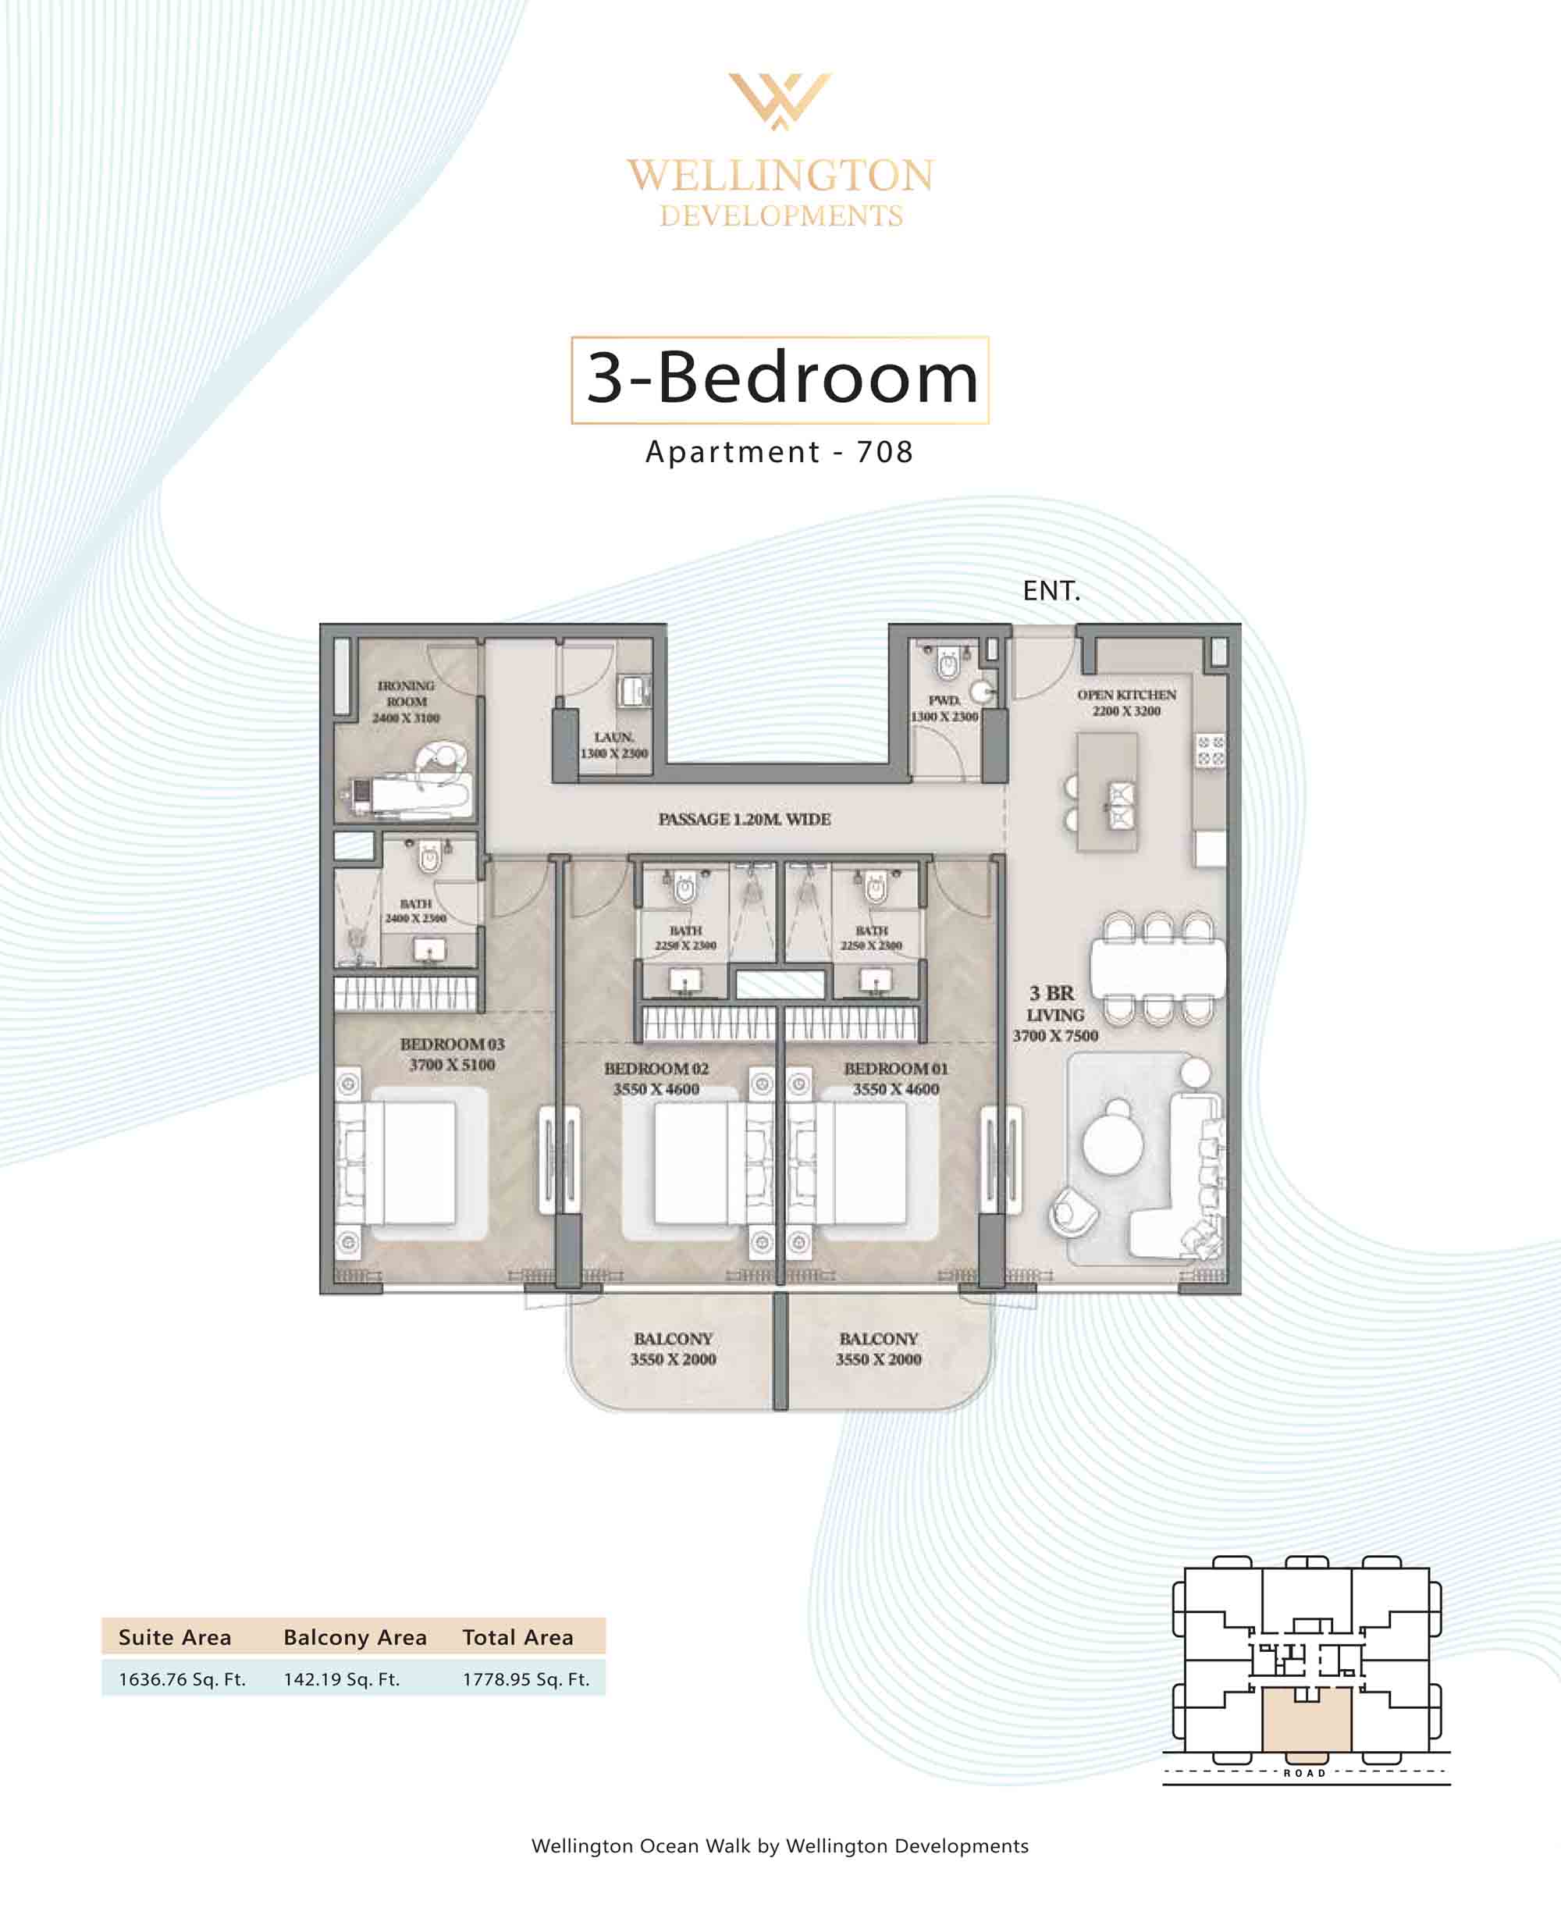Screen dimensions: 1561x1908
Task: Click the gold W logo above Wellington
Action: [780, 101]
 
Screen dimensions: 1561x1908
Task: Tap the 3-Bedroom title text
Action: [781, 378]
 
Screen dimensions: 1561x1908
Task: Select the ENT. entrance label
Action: [1051, 591]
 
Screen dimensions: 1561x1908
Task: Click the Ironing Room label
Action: [407, 701]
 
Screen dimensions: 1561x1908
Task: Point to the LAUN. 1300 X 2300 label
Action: [614, 746]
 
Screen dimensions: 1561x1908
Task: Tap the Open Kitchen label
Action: [1127, 703]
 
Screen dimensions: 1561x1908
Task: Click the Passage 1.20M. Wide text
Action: [745, 819]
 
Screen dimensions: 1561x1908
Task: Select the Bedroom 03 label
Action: [452, 1054]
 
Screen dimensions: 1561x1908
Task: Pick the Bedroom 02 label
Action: [656, 1078]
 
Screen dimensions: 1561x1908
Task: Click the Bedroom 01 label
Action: [895, 1078]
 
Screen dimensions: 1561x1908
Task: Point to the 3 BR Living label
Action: [1056, 1014]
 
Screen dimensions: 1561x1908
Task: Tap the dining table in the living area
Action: [1158, 968]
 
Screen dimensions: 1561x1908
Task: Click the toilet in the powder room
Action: [948, 662]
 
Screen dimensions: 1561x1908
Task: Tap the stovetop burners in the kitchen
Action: [1211, 751]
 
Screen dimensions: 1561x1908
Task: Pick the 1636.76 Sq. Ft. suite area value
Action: [183, 1678]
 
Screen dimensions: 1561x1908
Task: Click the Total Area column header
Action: [518, 1637]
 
